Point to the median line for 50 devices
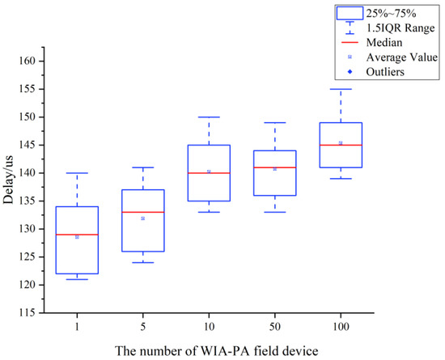pos(274,167)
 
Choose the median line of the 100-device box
pos(341,145)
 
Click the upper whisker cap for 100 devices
pos(341,89)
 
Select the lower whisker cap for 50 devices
pos(274,212)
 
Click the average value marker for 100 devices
pos(341,143)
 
